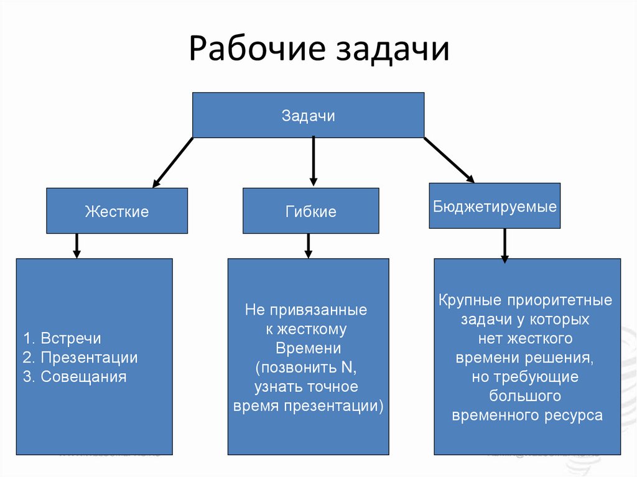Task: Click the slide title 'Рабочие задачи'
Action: point(318,50)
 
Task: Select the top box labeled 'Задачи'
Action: point(308,115)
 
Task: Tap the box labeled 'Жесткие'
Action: point(117,211)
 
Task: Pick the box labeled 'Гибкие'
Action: point(310,211)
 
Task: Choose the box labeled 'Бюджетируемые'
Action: point(495,206)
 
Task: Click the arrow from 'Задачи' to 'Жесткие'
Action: point(173,162)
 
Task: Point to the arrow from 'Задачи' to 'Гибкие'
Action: point(313,160)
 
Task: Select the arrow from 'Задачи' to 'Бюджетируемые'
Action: point(449,160)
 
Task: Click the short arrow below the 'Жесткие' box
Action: point(77,246)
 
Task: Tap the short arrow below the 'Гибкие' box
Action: point(308,246)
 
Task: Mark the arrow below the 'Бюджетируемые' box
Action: point(504,245)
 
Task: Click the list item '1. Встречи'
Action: point(62,339)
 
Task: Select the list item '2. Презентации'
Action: point(80,358)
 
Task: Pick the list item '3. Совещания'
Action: point(75,376)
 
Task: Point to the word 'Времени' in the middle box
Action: point(308,348)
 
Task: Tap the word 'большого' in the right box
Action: point(526,396)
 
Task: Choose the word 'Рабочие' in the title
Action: point(256,50)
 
